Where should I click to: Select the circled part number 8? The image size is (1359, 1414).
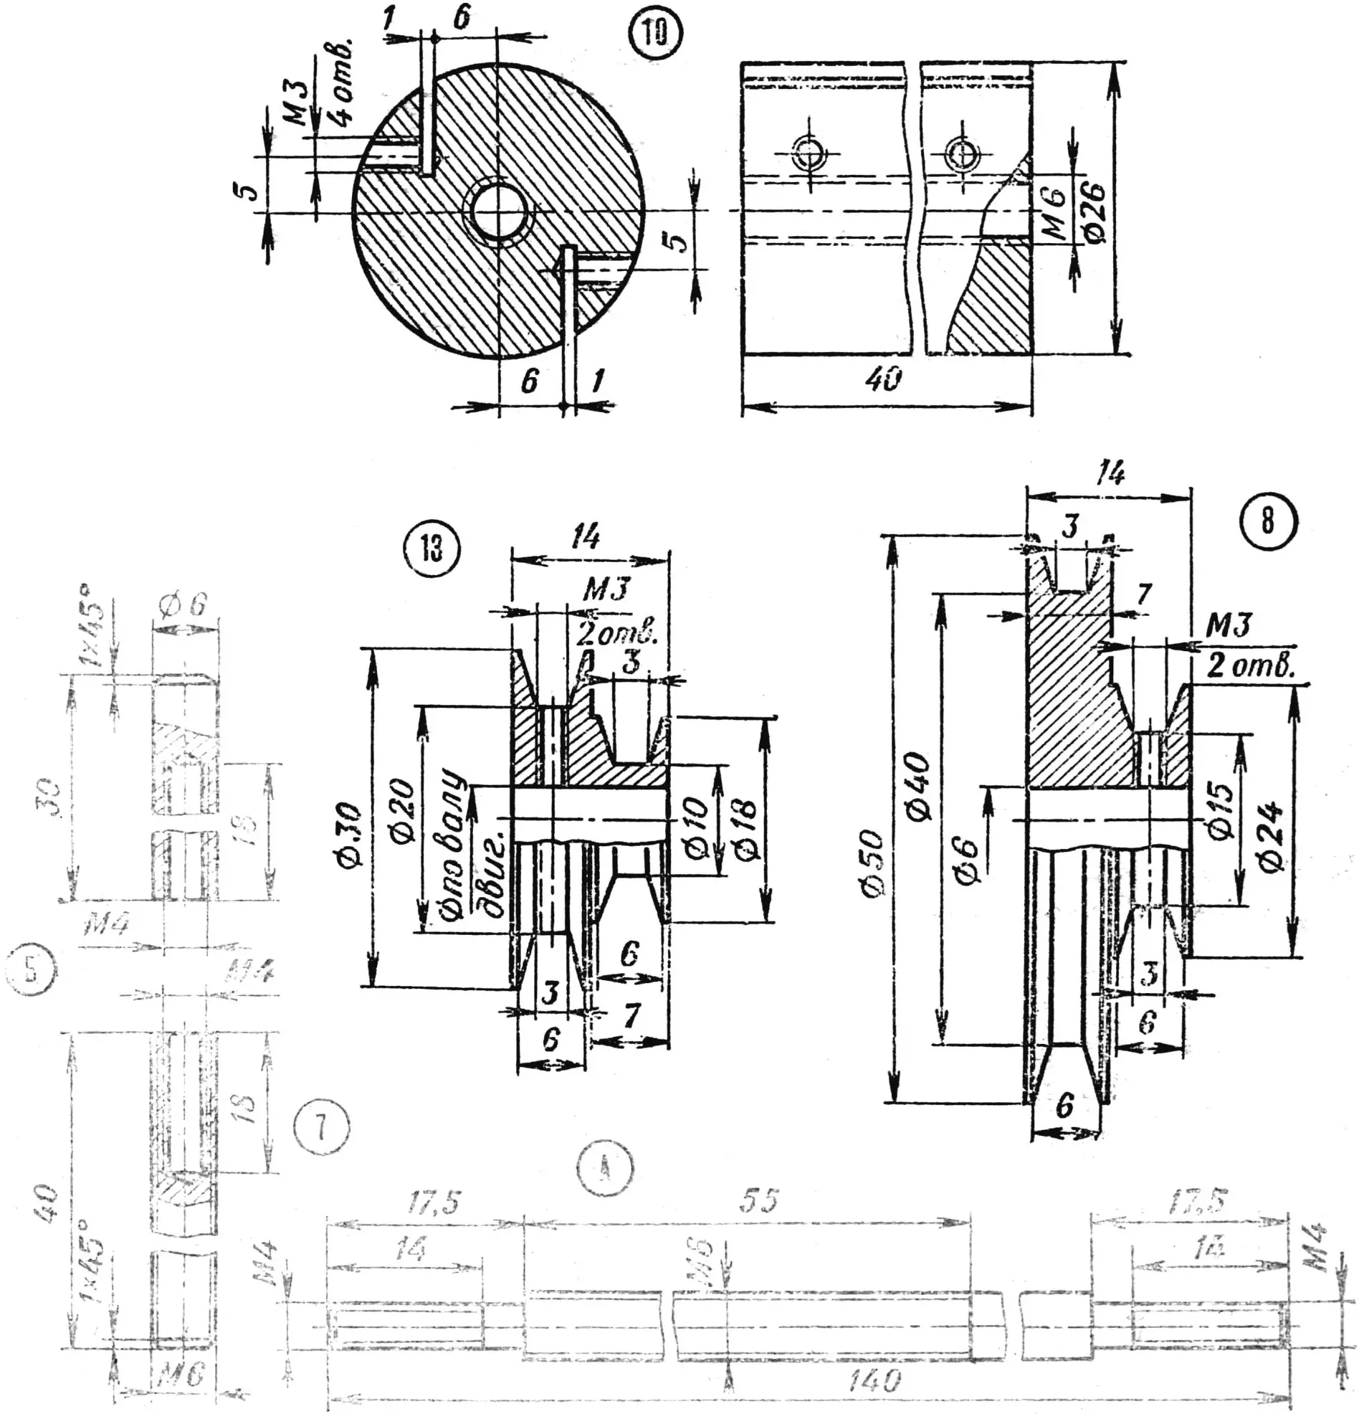point(1267,520)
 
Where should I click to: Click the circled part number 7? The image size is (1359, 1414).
point(321,1126)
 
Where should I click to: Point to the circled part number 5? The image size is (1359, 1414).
point(29,970)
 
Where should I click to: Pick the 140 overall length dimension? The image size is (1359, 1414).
point(874,1381)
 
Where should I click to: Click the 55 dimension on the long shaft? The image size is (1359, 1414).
point(759,1201)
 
